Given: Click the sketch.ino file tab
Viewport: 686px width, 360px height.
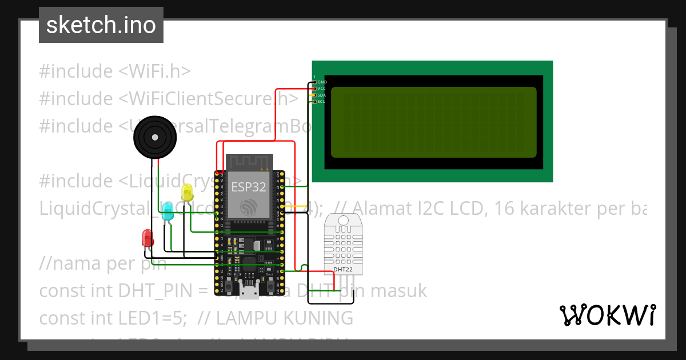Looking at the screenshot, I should click(x=101, y=25).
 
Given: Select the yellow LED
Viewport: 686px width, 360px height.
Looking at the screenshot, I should click(x=187, y=193).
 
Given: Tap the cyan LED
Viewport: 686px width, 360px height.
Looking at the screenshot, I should click(x=167, y=213).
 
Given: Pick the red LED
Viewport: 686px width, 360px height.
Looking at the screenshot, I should click(x=147, y=238).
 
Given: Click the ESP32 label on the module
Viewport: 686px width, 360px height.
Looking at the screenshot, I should click(x=248, y=186).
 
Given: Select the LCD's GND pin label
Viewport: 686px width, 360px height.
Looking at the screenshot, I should click(x=321, y=82).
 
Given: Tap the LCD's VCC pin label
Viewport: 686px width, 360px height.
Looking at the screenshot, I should click(x=321, y=89).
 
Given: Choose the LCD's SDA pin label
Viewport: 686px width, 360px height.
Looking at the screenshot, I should click(x=321, y=95).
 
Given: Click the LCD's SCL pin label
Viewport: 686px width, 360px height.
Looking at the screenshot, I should click(x=321, y=101).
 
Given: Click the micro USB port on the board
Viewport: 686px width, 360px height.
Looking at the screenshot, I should click(x=249, y=292).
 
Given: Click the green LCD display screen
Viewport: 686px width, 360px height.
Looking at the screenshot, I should click(x=433, y=122).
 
